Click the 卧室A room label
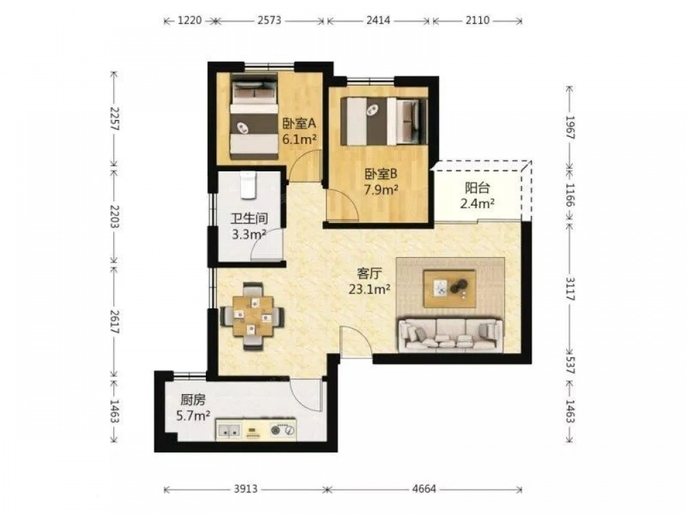coord(299,124)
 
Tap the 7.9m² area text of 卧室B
coord(381,190)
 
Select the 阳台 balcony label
coord(477,188)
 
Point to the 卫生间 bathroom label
coord(250,219)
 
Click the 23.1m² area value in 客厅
coord(369,289)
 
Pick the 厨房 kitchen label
coord(193,400)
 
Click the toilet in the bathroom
coord(248,184)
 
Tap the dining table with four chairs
coord(252,317)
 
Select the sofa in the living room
coord(450,335)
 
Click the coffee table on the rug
coord(449,289)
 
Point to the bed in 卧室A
coord(255,116)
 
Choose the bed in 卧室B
coord(384,121)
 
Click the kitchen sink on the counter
coord(229,430)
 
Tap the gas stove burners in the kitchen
coord(282,430)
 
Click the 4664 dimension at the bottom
coord(424,489)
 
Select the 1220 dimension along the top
coord(190,20)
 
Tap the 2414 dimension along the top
coord(378,20)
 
